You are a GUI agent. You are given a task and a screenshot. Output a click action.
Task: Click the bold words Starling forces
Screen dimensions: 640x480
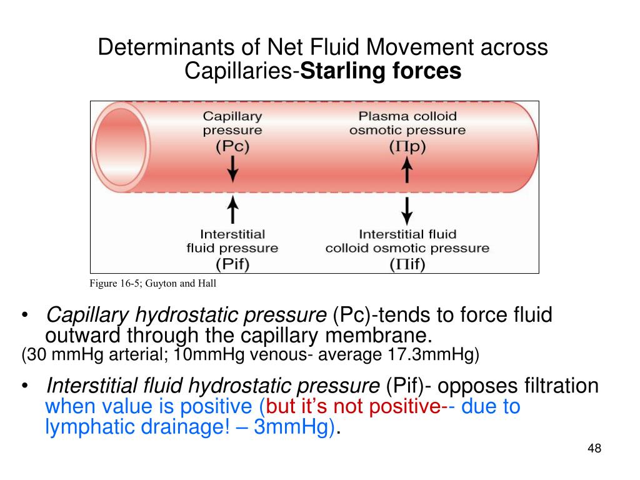(x=381, y=72)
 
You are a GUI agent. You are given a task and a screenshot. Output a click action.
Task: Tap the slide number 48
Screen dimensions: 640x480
(x=594, y=448)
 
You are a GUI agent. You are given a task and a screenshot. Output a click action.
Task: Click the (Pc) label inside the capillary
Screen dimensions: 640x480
(x=232, y=147)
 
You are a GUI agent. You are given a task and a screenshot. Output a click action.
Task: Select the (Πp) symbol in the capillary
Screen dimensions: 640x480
(x=407, y=147)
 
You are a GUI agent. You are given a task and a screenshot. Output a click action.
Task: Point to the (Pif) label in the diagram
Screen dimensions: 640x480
(x=232, y=264)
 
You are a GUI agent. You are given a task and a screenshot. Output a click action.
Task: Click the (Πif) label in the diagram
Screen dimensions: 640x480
(x=407, y=264)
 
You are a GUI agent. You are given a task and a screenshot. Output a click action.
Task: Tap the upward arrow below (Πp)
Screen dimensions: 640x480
(x=407, y=170)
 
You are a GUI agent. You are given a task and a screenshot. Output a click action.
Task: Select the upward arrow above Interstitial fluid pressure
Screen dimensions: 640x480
(x=232, y=209)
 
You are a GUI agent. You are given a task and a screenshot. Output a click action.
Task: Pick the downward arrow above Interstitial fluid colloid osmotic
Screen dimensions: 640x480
(x=407, y=211)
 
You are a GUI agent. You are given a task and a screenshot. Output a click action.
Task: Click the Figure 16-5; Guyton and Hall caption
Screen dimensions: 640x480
(x=153, y=284)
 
